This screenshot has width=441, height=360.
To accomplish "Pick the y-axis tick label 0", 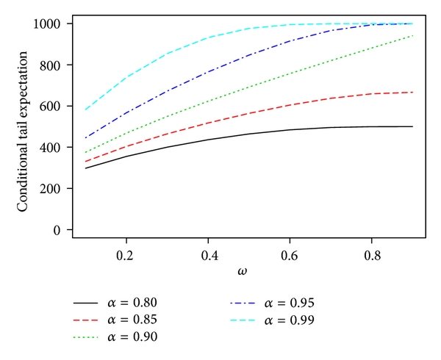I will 58,229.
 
